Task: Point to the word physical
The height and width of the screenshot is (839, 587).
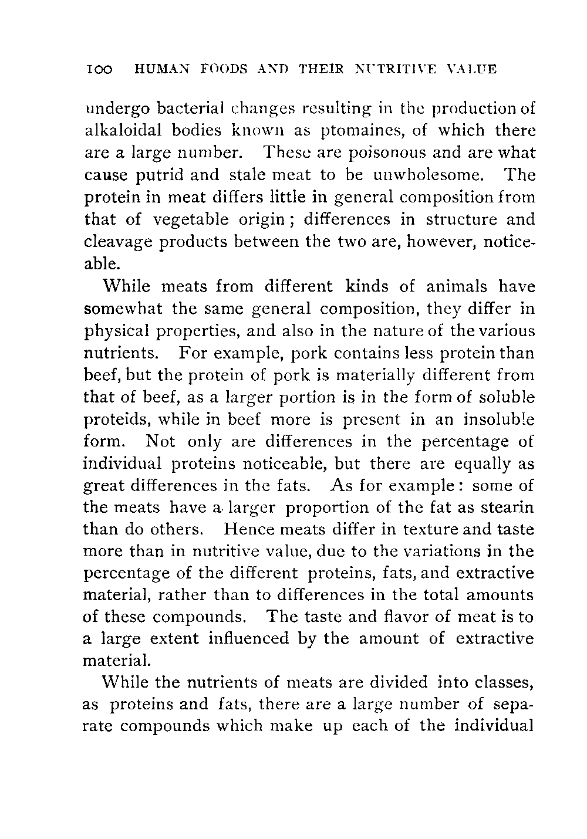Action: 120,331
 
